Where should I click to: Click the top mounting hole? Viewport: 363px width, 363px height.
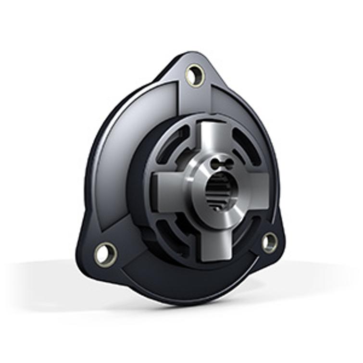pyautogui.click(x=195, y=75)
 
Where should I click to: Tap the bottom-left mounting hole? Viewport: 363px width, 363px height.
pyautogui.click(x=105, y=253)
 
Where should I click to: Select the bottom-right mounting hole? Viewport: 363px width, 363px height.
pyautogui.click(x=270, y=242)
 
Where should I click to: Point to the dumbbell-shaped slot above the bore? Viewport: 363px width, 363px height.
pyautogui.click(x=222, y=164)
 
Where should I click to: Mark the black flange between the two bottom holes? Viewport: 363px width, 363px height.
pyautogui.click(x=188, y=279)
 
